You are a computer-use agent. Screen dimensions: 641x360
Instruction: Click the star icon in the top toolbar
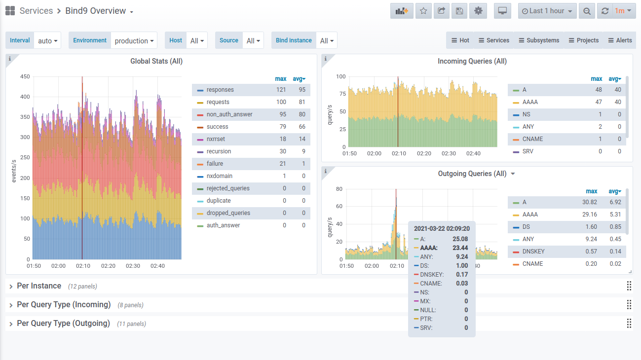423,11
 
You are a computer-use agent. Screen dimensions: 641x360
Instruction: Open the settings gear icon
478,11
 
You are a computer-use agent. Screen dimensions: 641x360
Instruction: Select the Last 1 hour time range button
547,11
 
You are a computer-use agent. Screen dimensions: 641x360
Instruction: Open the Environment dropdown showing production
134,40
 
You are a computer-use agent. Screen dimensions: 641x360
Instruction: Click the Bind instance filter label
294,40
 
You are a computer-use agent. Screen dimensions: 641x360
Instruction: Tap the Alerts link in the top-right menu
620,40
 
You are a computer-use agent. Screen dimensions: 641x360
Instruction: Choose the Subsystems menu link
539,40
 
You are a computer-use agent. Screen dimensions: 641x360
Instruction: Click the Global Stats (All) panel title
156,61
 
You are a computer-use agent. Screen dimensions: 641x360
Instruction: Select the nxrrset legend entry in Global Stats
216,139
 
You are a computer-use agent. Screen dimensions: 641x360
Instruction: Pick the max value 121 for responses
281,90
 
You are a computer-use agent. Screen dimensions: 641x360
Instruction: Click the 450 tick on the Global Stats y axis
25,76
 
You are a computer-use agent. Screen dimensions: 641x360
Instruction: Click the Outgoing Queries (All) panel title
472,174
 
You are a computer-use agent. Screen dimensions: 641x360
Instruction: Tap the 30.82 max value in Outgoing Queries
590,202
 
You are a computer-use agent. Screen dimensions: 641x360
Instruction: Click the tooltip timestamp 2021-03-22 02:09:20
442,228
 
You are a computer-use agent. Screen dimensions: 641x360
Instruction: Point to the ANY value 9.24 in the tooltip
462,257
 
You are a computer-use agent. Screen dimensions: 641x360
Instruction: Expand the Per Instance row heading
39,286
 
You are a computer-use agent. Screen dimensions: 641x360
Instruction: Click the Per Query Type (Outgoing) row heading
63,324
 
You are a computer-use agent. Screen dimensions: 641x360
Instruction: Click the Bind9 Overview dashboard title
96,11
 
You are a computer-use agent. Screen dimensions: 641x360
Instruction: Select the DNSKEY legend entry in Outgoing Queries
533,252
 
